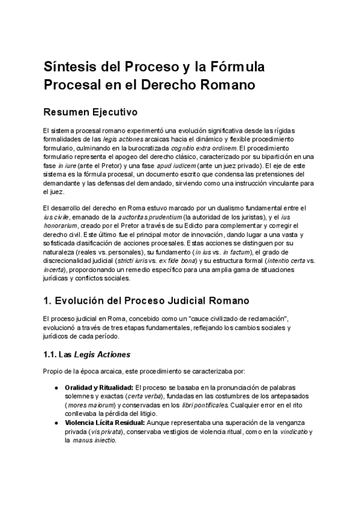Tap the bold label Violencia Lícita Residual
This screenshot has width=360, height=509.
[105, 423]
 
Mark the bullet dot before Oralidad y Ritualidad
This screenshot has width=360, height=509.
[56, 388]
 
